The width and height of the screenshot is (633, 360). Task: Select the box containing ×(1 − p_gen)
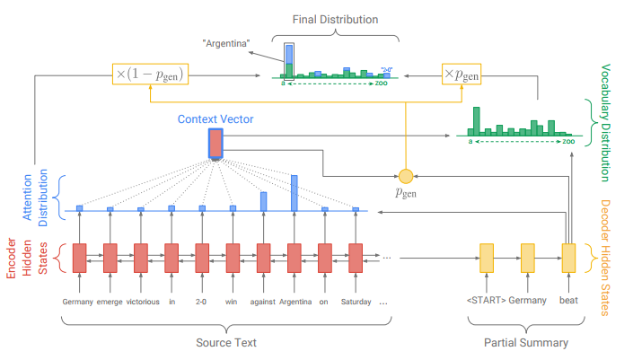click(150, 75)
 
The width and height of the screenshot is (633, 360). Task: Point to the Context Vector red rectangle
click(215, 144)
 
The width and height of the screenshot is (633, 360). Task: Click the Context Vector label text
click(215, 119)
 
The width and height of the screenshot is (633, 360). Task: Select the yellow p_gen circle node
click(405, 173)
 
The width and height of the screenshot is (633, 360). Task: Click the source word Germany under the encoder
click(78, 302)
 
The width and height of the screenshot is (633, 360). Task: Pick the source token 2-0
click(201, 302)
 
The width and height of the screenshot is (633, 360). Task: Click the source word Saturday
click(356, 302)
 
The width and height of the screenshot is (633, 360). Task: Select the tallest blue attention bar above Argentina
click(294, 193)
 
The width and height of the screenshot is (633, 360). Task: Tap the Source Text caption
click(226, 342)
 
